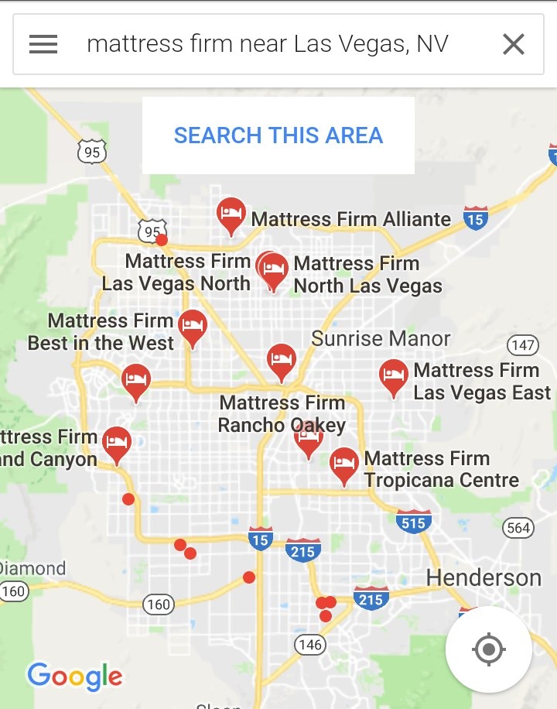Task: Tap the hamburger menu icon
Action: [43, 45]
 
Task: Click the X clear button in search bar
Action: [514, 45]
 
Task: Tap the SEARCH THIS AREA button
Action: [278, 135]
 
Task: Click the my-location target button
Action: [488, 649]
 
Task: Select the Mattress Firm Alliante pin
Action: [231, 215]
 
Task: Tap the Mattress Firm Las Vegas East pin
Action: [394, 378]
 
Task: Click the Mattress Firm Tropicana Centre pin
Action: [344, 466]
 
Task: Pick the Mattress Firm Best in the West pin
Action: [193, 328]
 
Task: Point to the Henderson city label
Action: [484, 577]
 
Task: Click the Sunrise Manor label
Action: [381, 339]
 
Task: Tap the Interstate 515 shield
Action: [413, 522]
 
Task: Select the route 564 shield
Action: [518, 529]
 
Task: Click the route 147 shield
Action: [523, 345]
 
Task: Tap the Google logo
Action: [75, 677]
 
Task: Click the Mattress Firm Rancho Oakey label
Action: [282, 414]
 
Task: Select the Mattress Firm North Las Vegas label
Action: [367, 275]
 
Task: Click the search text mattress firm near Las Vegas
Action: [267, 44]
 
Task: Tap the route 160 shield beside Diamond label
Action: [13, 592]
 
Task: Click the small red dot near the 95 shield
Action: [162, 239]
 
